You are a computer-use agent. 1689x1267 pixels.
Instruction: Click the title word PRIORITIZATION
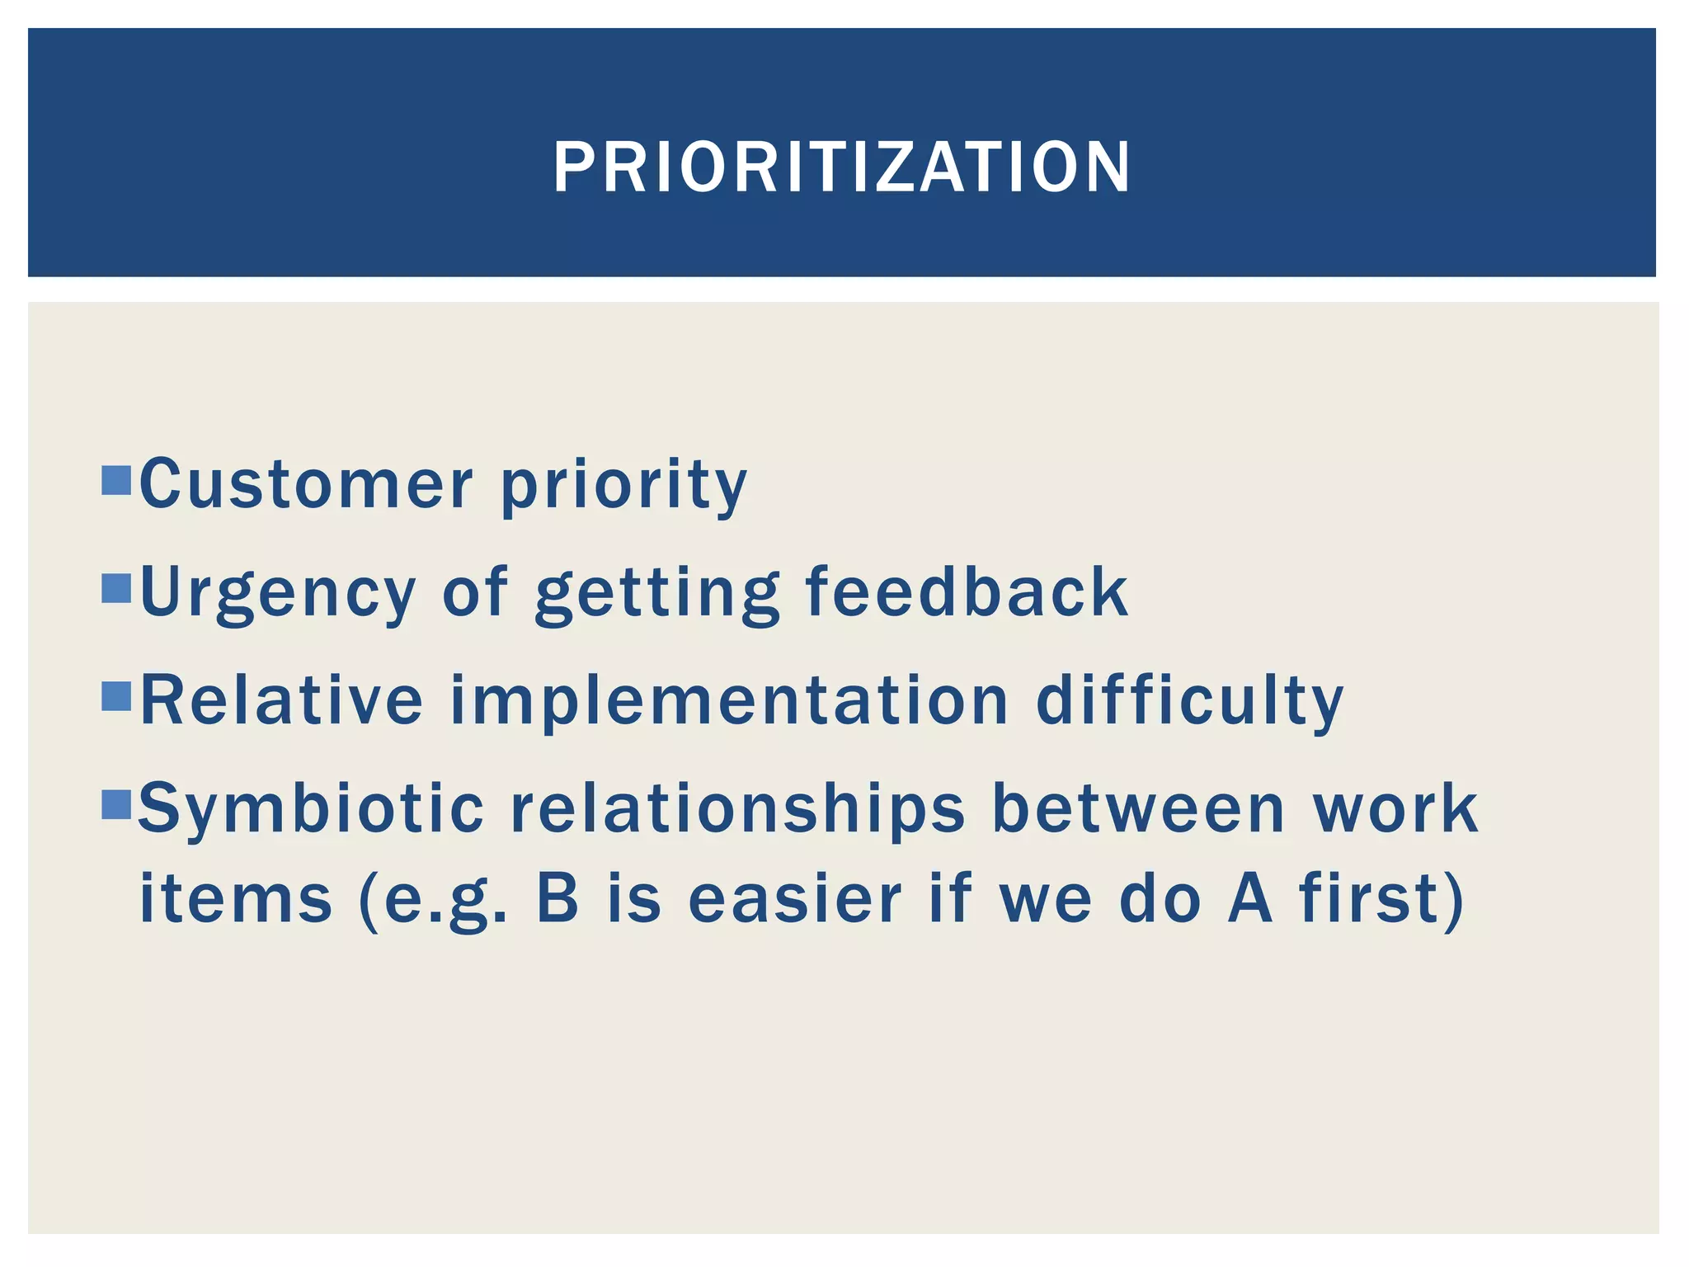pyautogui.click(x=842, y=167)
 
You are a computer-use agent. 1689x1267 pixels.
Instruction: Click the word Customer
pyautogui.click(x=306, y=484)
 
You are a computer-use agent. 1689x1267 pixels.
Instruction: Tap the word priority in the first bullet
pyautogui.click(x=623, y=487)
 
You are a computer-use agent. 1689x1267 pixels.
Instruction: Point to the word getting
pyautogui.click(x=656, y=594)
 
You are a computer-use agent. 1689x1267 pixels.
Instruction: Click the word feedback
pyautogui.click(x=967, y=591)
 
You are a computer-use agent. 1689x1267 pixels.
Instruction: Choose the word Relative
pyautogui.click(x=281, y=700)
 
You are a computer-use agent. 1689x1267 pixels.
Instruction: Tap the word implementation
pyautogui.click(x=730, y=703)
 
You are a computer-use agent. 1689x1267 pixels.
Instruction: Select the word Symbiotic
pyautogui.click(x=311, y=810)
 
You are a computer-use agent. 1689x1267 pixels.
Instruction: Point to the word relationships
pyautogui.click(x=737, y=810)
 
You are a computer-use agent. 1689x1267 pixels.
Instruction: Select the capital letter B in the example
pyautogui.click(x=558, y=898)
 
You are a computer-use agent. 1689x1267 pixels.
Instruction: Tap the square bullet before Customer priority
pyautogui.click(x=117, y=480)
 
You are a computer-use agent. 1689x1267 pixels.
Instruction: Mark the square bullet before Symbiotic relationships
pyautogui.click(x=117, y=804)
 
